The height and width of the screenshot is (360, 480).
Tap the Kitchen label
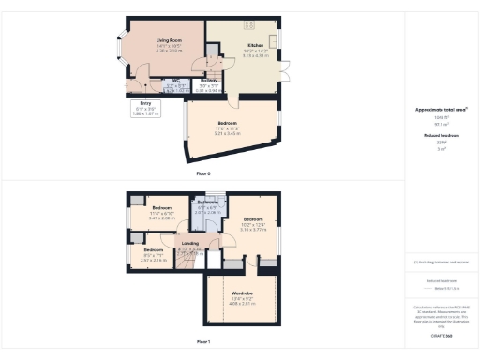pos(256,44)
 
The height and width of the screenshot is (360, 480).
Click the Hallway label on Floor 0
pos(209,81)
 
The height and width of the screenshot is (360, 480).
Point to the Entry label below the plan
pos(145,102)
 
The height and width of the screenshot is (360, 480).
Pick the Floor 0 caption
pos(203,174)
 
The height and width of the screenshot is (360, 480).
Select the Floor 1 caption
pos(203,342)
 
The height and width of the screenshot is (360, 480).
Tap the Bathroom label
pos(208,202)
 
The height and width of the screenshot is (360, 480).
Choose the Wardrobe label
pos(242,293)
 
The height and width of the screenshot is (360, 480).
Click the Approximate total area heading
pos(441,110)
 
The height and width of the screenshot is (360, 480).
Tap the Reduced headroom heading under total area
pos(441,136)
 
